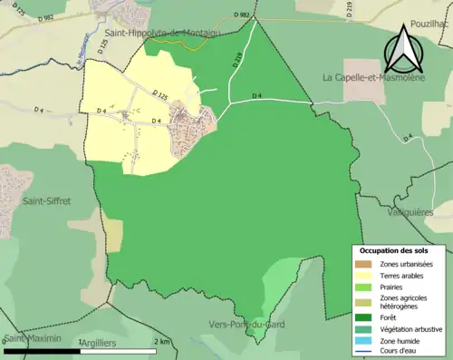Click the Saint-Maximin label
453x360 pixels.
(32, 339)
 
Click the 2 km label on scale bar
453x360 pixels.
(162, 341)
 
